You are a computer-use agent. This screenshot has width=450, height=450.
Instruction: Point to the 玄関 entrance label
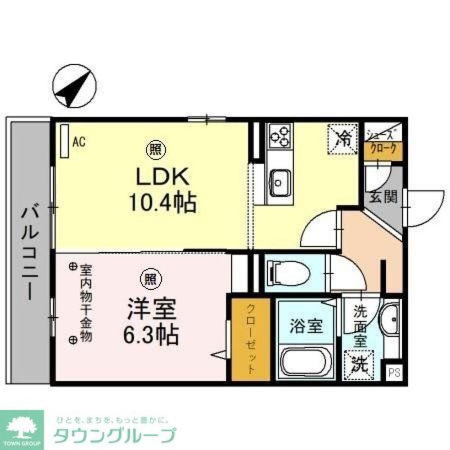(x=384, y=197)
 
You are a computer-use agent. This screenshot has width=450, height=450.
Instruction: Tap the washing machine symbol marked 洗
(x=360, y=363)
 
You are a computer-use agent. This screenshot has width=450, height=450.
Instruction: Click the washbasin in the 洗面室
(x=390, y=318)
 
